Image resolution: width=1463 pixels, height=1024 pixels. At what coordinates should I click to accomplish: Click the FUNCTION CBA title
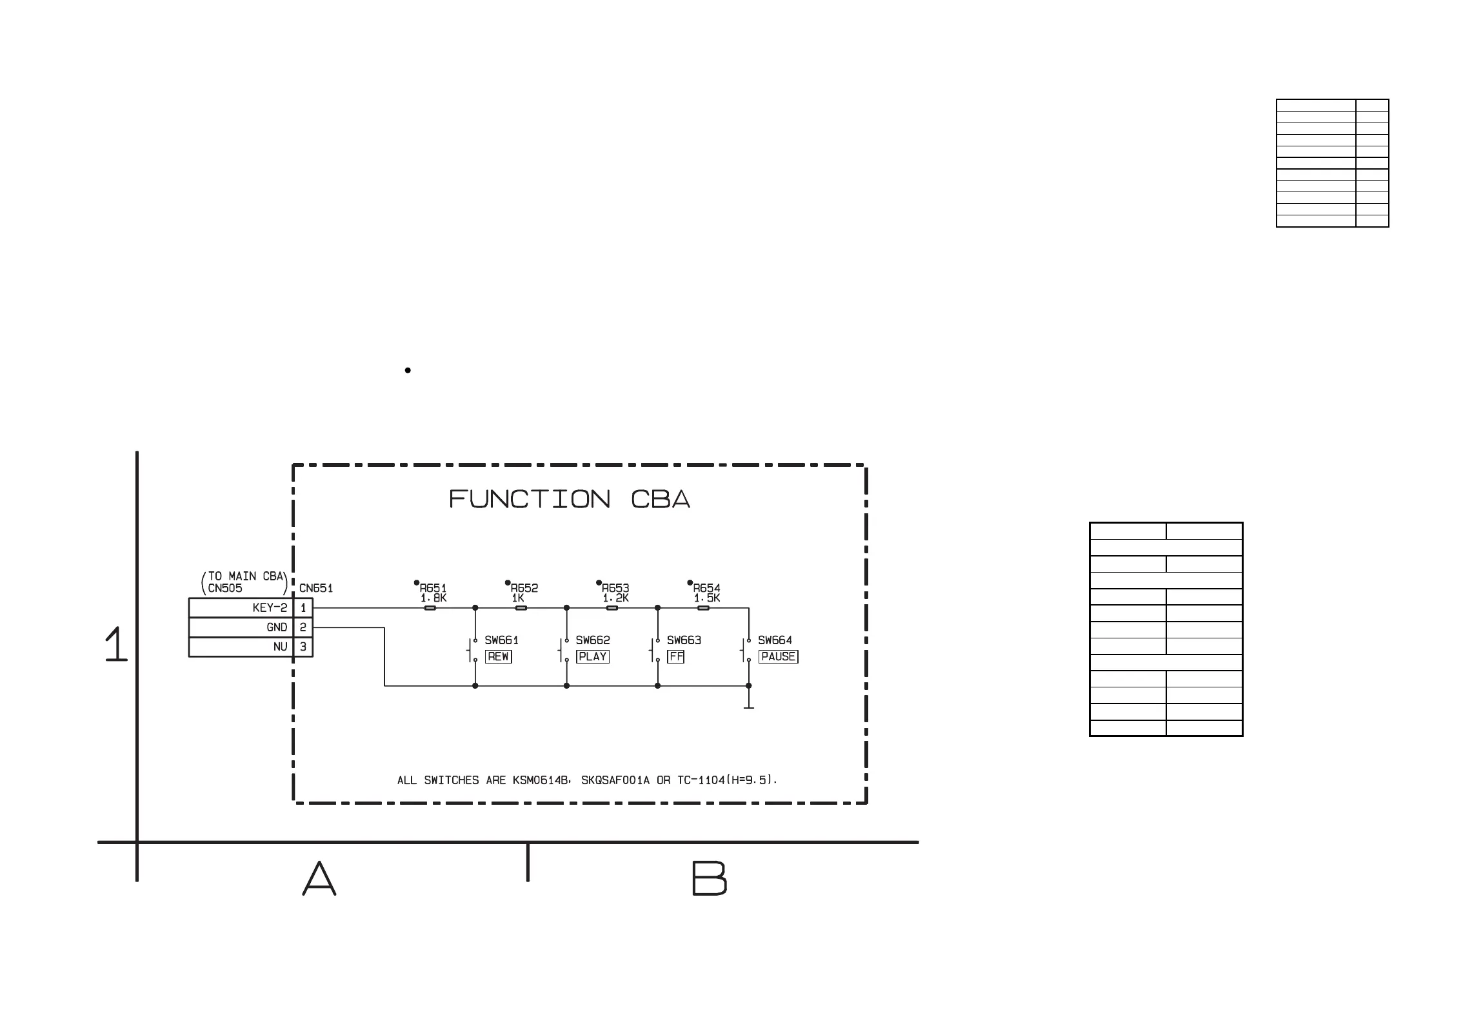pos(570,500)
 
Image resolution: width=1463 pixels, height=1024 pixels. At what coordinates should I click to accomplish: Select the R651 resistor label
pos(433,588)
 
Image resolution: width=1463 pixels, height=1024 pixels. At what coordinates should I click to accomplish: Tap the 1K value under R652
pos(517,598)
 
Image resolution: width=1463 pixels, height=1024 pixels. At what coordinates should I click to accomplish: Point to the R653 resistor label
pos(615,588)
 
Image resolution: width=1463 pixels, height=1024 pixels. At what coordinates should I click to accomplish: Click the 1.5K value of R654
pos(707,598)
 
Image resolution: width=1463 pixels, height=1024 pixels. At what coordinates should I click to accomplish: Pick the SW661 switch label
pos(501,640)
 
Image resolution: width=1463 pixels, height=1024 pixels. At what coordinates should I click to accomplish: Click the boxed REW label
pos(498,656)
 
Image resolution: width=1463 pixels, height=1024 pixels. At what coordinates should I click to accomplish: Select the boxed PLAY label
pos(592,656)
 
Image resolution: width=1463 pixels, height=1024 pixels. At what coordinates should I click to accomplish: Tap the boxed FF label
pos(675,656)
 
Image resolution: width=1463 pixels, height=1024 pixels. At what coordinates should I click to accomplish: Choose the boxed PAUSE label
pos(778,656)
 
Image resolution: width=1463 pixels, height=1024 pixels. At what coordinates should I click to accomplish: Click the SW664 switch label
pos(775,640)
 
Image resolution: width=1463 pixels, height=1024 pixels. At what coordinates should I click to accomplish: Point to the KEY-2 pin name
pos(270,607)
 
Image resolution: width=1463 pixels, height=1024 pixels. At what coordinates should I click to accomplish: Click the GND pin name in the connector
pos(277,627)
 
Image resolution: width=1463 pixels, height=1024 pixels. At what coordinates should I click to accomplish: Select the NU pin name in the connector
pos(280,647)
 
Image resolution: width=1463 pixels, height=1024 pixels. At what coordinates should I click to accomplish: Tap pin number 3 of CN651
pos(303,647)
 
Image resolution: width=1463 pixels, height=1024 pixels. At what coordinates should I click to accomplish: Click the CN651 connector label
pos(316,588)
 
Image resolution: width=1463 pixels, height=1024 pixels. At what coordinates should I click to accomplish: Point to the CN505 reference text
pos(225,588)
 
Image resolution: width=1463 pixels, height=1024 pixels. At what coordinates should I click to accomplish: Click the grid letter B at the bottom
pos(709,878)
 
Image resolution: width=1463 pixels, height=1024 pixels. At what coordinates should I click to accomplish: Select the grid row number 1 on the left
pos(116,644)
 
